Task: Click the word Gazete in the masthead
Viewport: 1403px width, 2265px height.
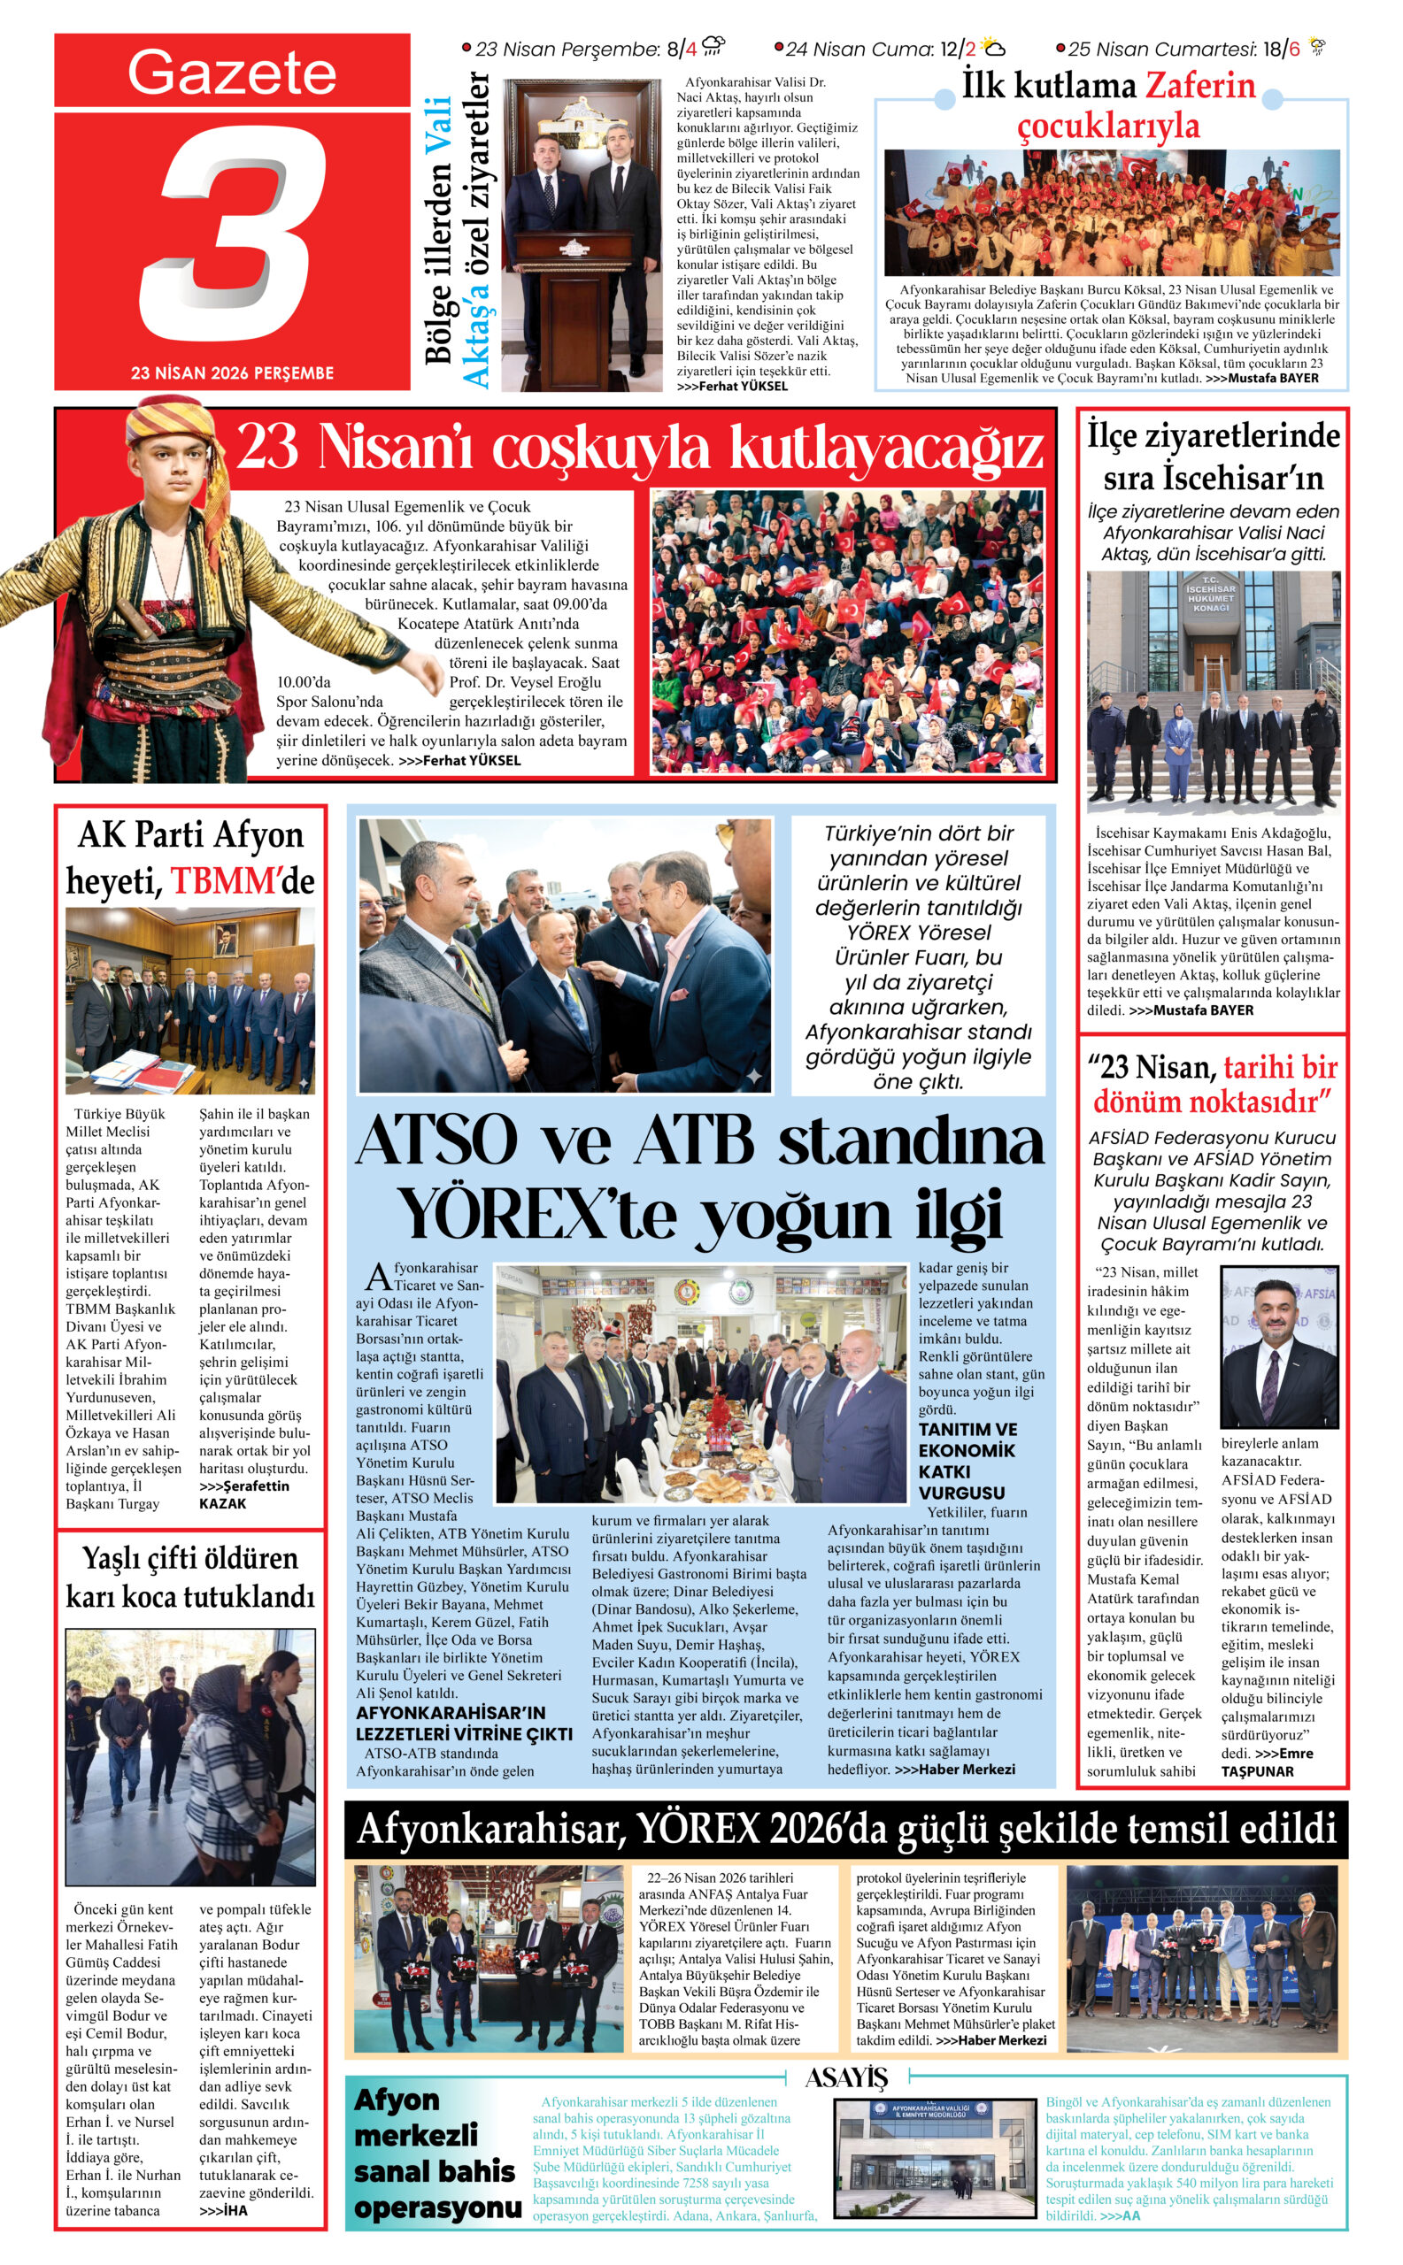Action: pos(231,72)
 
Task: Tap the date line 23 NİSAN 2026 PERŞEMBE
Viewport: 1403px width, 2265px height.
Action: pos(232,372)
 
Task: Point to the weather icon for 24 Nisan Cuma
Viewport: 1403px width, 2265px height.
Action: pos(992,47)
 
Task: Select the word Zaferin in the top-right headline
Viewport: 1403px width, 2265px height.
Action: pos(1200,85)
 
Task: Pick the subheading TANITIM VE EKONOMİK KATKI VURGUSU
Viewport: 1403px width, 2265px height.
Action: pos(967,1460)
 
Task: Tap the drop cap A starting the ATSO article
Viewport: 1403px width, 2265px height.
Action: pos(379,1278)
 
